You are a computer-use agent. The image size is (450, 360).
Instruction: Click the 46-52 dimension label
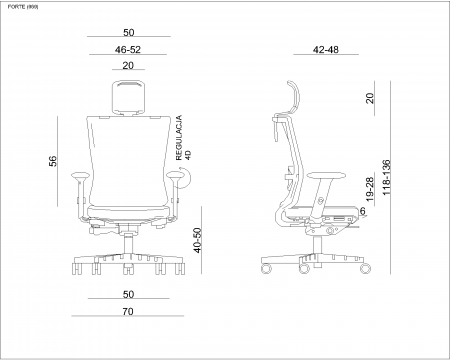(x=128, y=50)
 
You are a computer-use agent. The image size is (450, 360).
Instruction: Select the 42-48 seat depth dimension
(x=326, y=50)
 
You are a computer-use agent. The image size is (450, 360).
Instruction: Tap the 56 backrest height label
(x=53, y=161)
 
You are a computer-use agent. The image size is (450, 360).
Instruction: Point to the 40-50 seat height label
(x=197, y=240)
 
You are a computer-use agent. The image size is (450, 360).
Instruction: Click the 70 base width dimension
(x=128, y=311)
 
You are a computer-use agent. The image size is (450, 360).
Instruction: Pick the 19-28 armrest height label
(x=370, y=189)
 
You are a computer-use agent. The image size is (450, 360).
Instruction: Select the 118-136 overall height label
(x=386, y=178)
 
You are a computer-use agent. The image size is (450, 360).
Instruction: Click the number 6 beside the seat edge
(x=363, y=211)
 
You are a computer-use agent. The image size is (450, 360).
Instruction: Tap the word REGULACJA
(x=179, y=138)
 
